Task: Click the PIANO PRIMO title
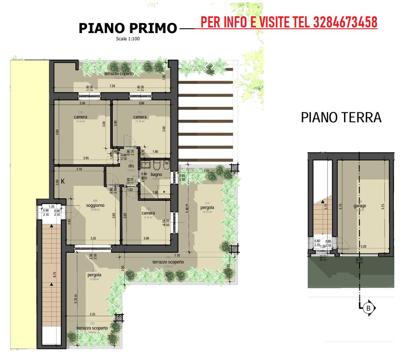pyautogui.click(x=128, y=28)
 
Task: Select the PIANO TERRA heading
pyautogui.click(x=341, y=117)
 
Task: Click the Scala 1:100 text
pyautogui.click(x=128, y=39)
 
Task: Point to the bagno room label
pyautogui.click(x=156, y=175)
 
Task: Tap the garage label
pyautogui.click(x=360, y=206)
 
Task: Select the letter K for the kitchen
pyautogui.click(x=63, y=182)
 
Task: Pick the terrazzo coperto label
pyautogui.click(x=119, y=74)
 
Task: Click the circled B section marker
pyautogui.click(x=368, y=308)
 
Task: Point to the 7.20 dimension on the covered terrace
pyautogui.click(x=112, y=86)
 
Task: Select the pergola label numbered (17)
pyautogui.click(x=207, y=208)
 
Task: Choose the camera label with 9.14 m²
pyautogui.click(x=148, y=213)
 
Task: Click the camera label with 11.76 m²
pyautogui.click(x=140, y=117)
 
